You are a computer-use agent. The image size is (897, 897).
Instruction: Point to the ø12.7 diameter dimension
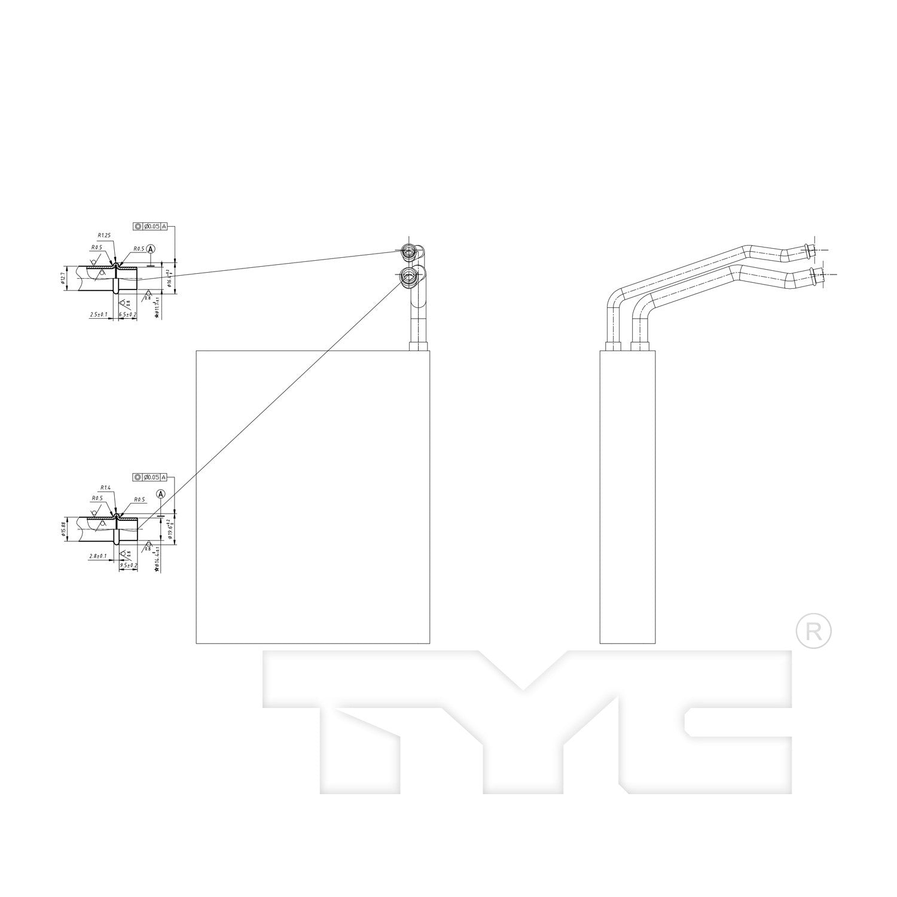click(63, 278)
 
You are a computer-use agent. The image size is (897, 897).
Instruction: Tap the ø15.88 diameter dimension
click(63, 529)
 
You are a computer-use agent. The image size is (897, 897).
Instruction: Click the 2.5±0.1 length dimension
click(98, 314)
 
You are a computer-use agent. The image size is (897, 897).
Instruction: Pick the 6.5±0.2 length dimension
click(127, 314)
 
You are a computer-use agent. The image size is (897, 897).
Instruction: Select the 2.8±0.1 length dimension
click(98, 556)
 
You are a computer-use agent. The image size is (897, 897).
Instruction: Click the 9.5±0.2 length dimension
click(129, 565)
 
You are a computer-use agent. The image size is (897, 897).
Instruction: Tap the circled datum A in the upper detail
click(151, 248)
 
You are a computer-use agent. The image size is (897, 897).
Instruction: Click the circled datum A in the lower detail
click(160, 494)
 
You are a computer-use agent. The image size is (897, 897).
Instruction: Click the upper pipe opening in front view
click(409, 251)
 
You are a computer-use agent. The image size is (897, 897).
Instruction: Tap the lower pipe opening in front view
click(409, 276)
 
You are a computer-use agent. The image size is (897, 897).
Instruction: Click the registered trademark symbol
click(814, 631)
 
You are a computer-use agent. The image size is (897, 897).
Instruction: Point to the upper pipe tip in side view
click(811, 249)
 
